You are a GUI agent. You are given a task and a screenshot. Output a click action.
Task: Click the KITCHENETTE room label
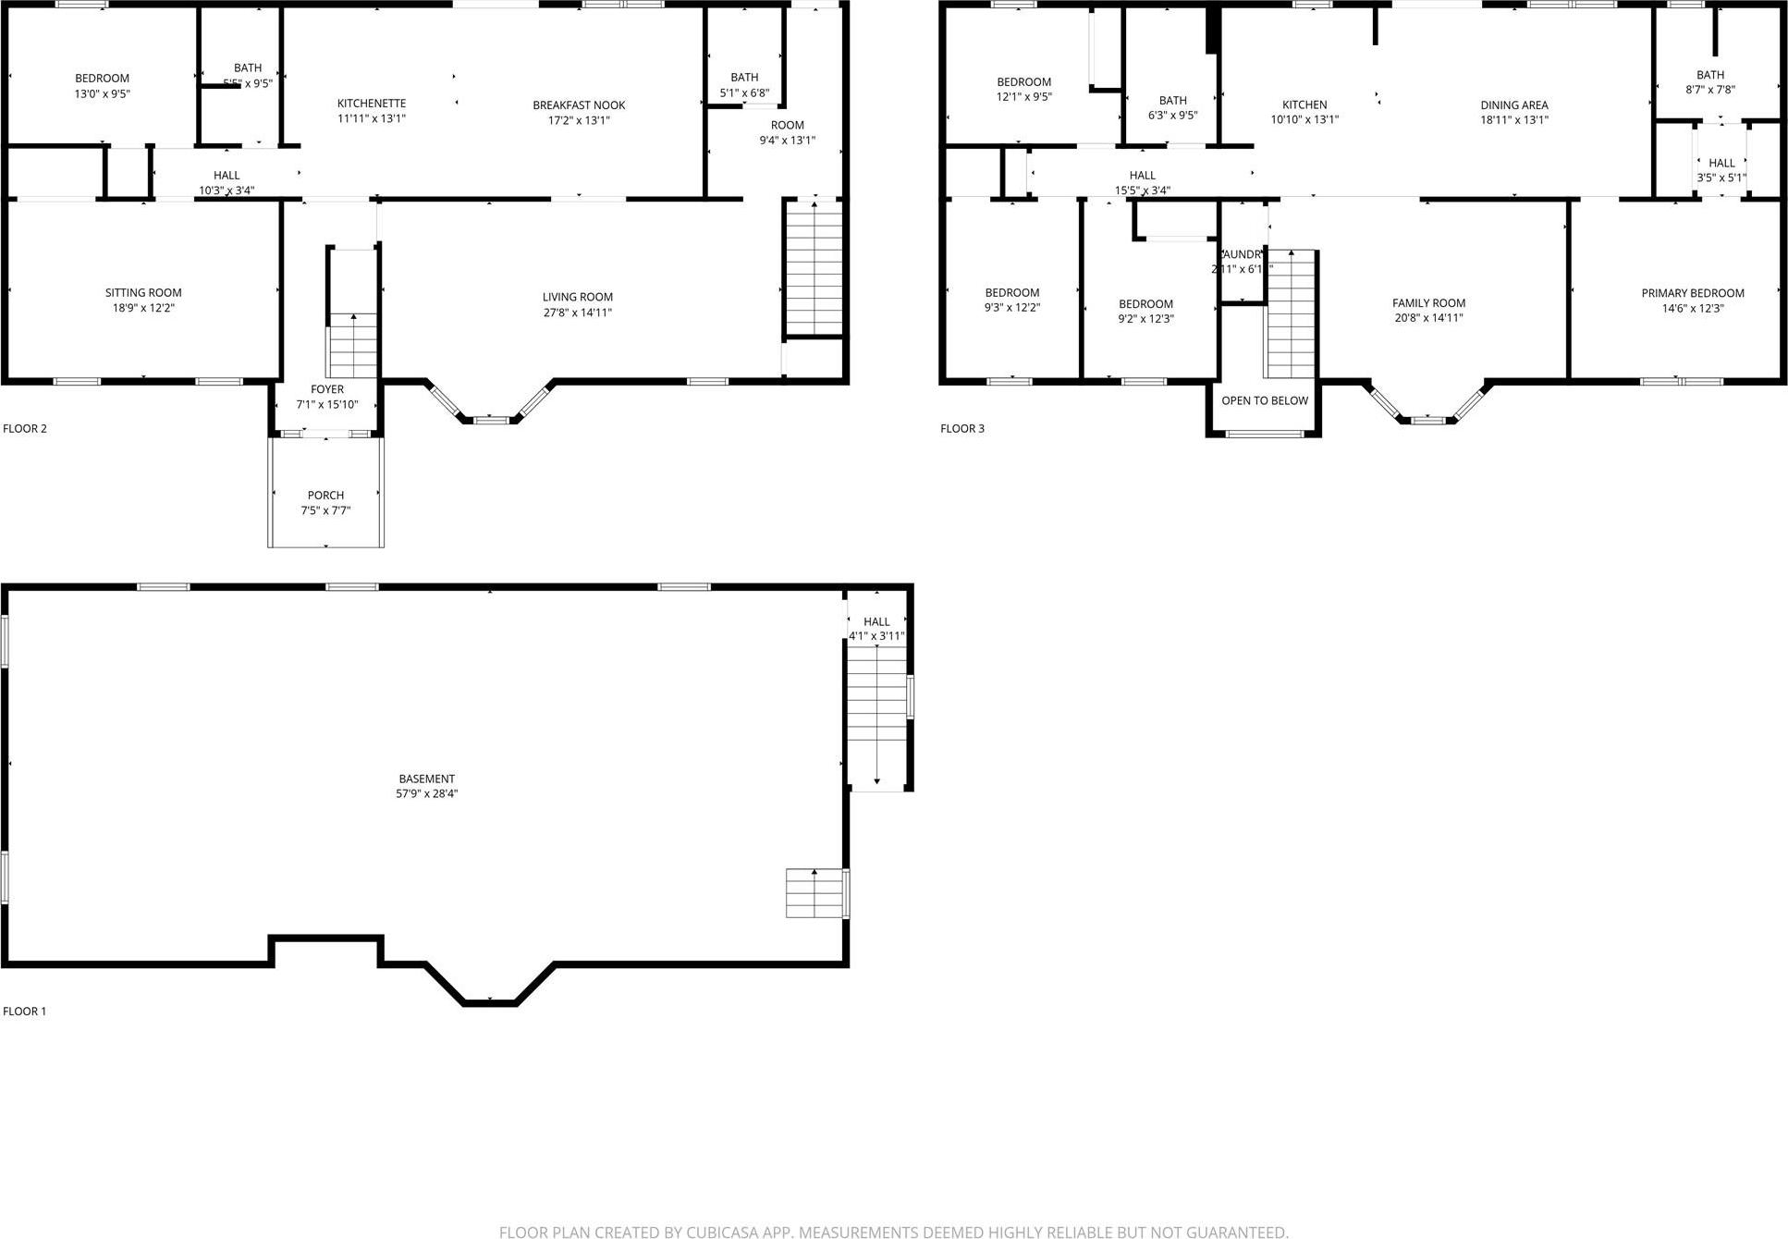click(371, 104)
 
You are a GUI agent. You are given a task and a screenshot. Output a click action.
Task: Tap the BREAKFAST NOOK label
click(579, 105)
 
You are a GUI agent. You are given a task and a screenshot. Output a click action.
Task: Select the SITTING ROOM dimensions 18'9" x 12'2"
click(143, 308)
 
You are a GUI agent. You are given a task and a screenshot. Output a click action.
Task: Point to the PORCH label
click(325, 496)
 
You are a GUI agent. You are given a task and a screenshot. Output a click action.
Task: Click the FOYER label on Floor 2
click(326, 389)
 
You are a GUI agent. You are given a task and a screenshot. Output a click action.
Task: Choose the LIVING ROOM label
click(578, 297)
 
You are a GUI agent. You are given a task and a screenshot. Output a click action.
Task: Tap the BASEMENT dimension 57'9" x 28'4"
click(427, 793)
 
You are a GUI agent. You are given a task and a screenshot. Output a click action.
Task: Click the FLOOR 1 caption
click(25, 1011)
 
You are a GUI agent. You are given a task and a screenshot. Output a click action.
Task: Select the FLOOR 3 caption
click(962, 428)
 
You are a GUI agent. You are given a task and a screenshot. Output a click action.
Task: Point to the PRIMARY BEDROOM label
click(1692, 293)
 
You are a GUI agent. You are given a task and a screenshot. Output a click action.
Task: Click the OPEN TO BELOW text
click(1264, 400)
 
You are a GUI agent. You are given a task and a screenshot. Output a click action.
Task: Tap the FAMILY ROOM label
click(1428, 303)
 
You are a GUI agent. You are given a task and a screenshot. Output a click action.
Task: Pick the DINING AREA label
click(1513, 105)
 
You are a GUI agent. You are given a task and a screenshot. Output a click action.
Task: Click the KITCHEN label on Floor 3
click(1304, 105)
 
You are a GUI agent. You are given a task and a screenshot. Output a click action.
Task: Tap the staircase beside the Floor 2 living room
click(814, 268)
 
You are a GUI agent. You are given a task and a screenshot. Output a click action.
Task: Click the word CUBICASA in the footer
click(724, 1232)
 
